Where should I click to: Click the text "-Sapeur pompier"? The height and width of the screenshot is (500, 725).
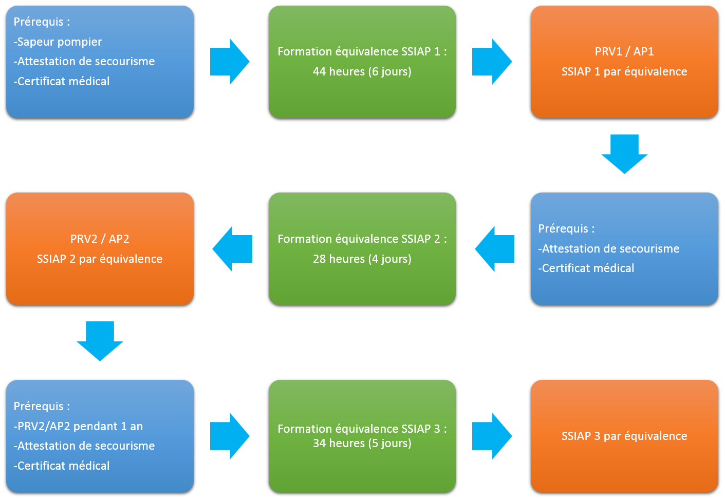coord(58,42)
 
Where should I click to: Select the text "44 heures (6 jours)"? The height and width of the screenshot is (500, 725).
coord(362,72)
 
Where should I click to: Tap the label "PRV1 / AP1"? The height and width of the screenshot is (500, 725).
coord(624,52)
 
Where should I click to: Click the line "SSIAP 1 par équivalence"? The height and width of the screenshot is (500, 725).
coord(624,72)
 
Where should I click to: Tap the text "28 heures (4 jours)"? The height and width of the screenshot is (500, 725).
coord(362,259)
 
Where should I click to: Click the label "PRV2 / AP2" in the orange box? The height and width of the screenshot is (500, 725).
coord(100,239)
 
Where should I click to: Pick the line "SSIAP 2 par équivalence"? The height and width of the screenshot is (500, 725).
coord(100,259)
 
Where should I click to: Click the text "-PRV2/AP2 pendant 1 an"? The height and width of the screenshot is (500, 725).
coord(78,427)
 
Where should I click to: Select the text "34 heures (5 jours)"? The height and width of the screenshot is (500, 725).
coord(362,444)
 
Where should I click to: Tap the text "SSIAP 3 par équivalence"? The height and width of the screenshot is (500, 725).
coord(624,436)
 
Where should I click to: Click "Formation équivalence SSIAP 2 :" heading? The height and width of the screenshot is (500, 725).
coord(362,239)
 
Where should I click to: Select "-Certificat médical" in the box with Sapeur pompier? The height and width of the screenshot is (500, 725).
coord(62,82)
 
